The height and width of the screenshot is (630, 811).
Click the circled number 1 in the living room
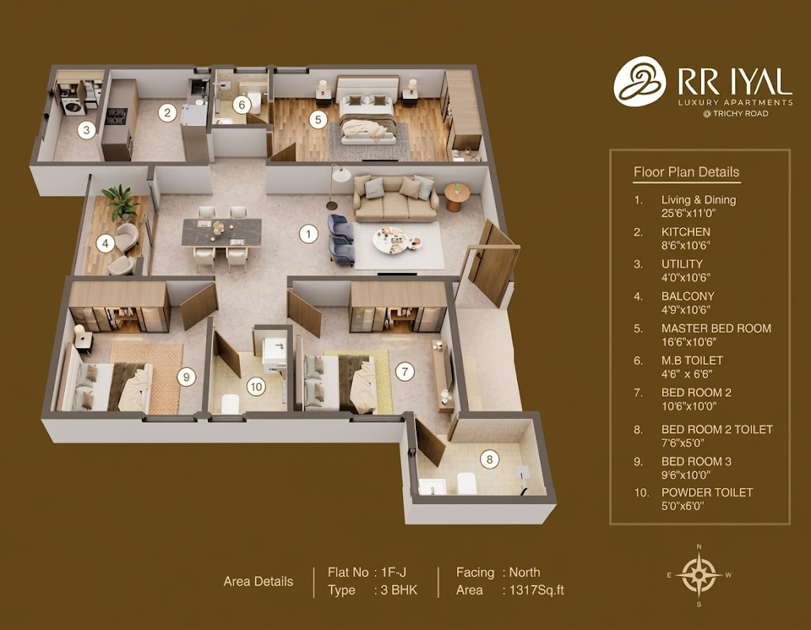coord(309,234)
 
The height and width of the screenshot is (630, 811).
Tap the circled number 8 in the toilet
coord(489,459)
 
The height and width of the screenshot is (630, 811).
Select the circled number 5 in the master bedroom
coord(318,120)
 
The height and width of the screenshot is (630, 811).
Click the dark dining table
coord(222,232)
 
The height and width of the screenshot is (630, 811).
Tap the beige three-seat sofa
coord(396,199)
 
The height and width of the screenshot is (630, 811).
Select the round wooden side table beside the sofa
coord(457,197)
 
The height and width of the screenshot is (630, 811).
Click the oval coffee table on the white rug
coord(398,239)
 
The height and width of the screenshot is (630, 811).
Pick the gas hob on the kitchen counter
coord(116,116)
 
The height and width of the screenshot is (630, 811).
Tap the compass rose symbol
coord(699,574)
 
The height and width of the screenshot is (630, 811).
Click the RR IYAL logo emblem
coord(640,82)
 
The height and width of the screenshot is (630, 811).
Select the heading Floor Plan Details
coord(687,172)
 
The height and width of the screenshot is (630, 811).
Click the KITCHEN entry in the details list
coord(685,232)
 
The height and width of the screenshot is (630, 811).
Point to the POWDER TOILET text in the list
coord(707,492)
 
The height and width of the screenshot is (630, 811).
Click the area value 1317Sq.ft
coord(536,590)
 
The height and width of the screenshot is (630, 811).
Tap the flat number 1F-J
coord(394,572)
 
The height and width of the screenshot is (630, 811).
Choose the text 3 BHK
coord(399,590)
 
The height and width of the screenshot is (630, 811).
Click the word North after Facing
coord(524,572)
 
